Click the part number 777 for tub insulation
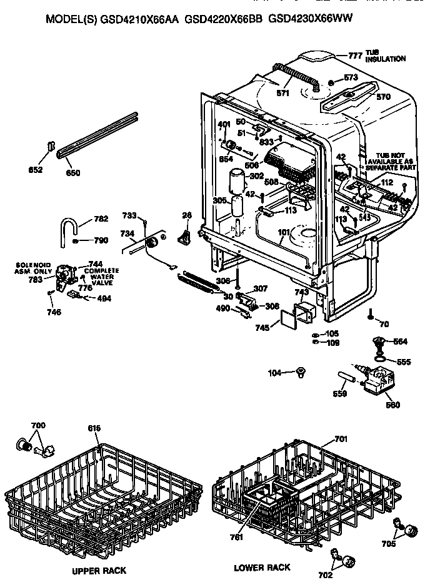click(x=355, y=56)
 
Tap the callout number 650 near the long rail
click(x=73, y=173)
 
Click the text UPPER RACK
click(x=99, y=571)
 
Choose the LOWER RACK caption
click(x=262, y=568)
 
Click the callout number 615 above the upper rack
click(x=94, y=428)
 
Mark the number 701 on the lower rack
click(x=341, y=440)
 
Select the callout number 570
click(x=383, y=97)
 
